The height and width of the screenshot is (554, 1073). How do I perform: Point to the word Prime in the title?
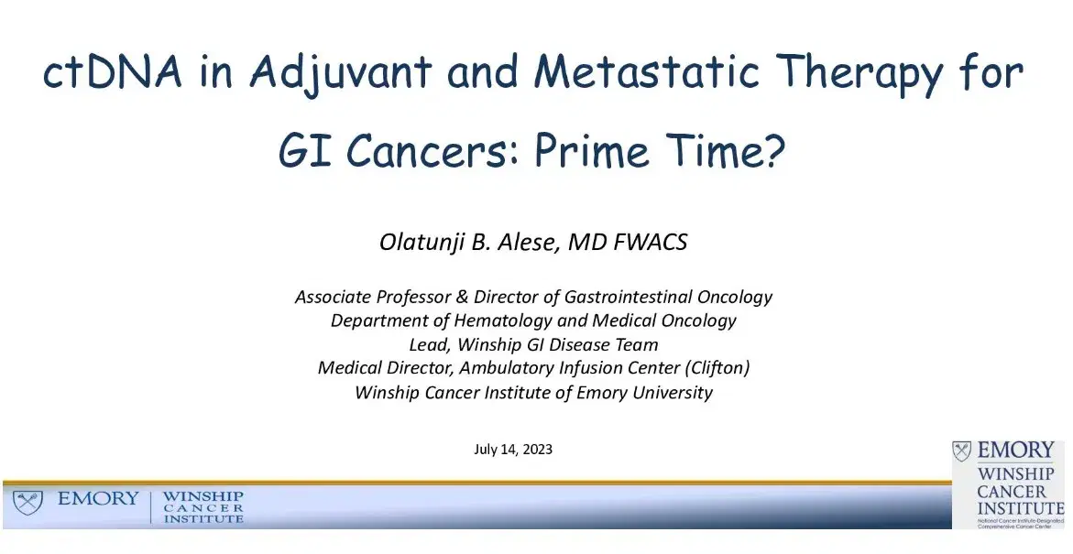[x=597, y=152]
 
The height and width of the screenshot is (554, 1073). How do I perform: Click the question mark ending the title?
[x=773, y=152]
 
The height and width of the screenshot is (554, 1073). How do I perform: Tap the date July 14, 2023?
[x=513, y=450]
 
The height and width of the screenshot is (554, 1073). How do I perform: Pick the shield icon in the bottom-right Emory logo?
[x=962, y=451]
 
